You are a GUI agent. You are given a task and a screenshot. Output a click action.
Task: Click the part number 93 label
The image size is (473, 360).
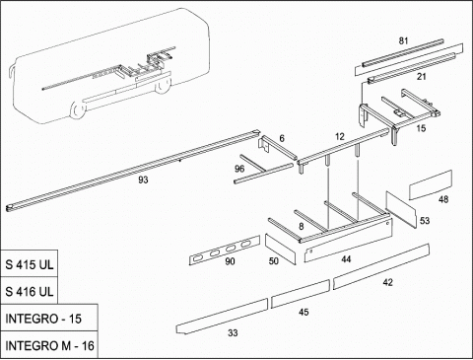pos(143,180)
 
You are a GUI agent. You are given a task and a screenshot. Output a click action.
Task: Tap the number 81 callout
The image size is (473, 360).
pos(403,40)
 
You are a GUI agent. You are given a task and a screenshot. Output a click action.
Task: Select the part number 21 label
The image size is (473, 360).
pos(422,77)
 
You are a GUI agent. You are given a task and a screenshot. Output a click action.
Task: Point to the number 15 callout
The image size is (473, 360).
pos(421,128)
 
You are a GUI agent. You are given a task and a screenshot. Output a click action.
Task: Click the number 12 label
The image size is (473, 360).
pos(340,136)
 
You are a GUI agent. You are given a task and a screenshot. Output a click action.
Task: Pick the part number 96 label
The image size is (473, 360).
pos(239,169)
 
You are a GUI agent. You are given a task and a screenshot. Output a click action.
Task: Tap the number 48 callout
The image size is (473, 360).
pos(443,199)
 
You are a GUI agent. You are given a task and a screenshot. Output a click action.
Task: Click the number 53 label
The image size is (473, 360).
pos(425,220)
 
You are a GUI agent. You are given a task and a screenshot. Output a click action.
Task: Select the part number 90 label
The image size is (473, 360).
pos(230,261)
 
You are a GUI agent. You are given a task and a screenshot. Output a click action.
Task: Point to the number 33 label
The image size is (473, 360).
pos(233,333)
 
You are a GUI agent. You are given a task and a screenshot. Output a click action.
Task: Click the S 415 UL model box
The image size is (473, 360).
pos(30,263)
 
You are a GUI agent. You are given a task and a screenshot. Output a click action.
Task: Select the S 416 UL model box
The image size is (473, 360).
pos(30,291)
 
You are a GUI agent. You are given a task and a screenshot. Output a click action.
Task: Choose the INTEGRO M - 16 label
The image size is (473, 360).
pos(49,344)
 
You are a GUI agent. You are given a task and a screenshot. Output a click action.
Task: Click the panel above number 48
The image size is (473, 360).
pos(431,184)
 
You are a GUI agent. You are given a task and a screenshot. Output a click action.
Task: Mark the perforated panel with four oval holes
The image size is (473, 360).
pos(225,251)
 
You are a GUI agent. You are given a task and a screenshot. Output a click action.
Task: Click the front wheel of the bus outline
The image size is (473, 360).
pos(78,110)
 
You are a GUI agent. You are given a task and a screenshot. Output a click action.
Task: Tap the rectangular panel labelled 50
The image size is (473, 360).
pos(280,249)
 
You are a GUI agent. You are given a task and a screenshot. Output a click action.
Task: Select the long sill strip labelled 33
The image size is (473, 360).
pos(222,317)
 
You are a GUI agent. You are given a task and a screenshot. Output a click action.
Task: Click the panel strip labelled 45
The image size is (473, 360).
pos(300,294)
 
